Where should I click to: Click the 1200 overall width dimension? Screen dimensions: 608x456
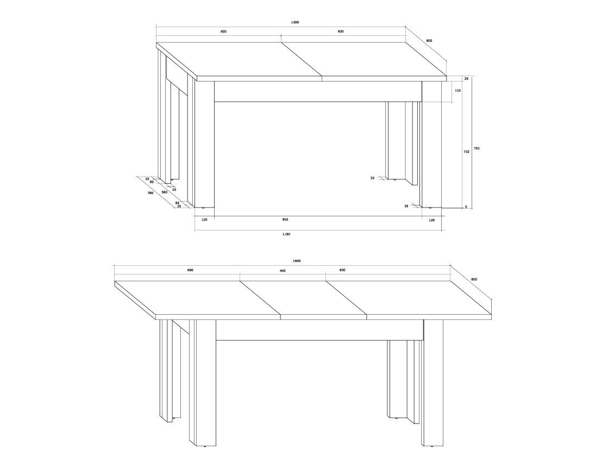(294, 22)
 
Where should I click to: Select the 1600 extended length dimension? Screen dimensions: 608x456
(297, 261)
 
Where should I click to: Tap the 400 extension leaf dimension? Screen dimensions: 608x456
(283, 271)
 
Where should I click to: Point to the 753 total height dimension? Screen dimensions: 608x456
(477, 148)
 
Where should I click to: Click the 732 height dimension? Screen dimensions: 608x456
(467, 152)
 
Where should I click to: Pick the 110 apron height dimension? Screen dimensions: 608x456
(457, 90)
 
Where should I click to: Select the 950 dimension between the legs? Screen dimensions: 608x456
(285, 220)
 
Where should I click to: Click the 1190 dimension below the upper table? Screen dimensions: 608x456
(286, 234)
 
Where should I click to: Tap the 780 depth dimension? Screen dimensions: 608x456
(150, 193)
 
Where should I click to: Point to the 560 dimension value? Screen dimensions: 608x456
(165, 192)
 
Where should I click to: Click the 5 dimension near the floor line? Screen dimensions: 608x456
(466, 207)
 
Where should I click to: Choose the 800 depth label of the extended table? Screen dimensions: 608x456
(474, 279)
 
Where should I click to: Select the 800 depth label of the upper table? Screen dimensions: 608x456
(429, 41)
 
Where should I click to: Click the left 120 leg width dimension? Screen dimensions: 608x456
(204, 220)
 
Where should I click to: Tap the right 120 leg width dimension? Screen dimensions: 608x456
(431, 220)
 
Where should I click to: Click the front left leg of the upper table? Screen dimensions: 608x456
(204, 144)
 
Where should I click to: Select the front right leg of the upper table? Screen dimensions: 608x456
(431, 144)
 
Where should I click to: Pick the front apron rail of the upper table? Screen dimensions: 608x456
(318, 91)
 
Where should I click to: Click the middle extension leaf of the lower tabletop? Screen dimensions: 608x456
(303, 297)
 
